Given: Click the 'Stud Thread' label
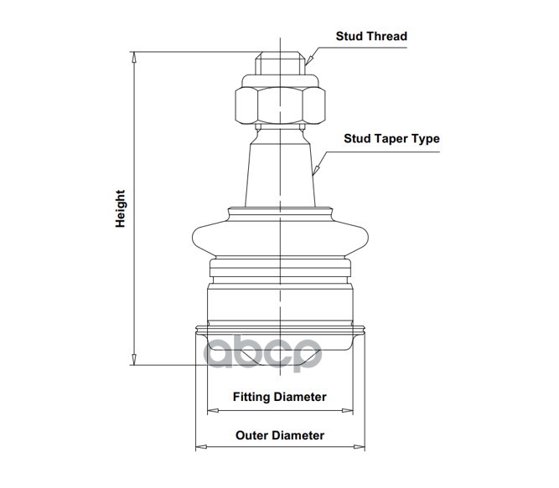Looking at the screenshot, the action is tap(371, 36).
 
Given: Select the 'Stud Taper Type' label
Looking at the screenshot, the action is tap(391, 139).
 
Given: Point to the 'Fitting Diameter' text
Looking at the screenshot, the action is tap(279, 397).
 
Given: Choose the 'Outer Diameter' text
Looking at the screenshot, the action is tap(279, 435).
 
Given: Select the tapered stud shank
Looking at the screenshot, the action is tap(280, 167).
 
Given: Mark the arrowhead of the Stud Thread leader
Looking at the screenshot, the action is tap(307, 62).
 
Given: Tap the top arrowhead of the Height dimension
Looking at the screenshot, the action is tap(134, 56).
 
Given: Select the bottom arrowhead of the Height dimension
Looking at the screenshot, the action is tap(134, 361).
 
